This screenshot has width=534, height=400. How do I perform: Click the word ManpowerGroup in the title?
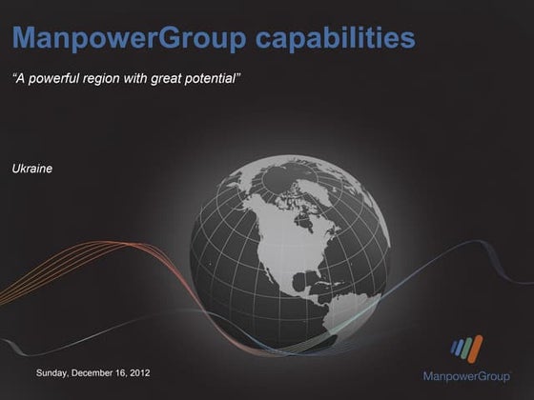[126, 39]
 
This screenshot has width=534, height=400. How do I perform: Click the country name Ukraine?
[31, 168]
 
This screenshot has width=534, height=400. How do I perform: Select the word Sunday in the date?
[53, 372]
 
